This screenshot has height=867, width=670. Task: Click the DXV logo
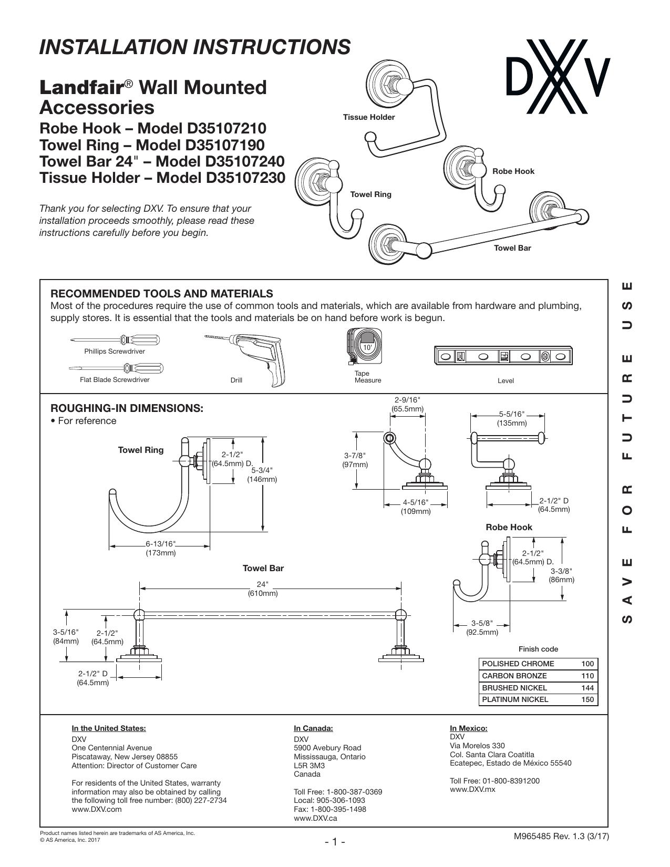click(558, 77)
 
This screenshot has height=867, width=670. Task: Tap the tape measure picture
click(364, 346)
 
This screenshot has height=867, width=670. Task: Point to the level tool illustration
click(503, 356)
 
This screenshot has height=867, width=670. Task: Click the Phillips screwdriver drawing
click(115, 340)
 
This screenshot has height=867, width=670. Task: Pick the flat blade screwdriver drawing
click(116, 368)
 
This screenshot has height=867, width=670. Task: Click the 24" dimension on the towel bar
click(263, 589)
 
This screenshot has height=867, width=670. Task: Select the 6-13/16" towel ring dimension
click(160, 549)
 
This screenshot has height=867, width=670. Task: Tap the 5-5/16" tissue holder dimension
click(512, 419)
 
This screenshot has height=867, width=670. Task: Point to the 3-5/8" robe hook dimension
click(482, 627)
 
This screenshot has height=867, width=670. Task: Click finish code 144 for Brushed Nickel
click(587, 688)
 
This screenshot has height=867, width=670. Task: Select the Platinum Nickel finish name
click(515, 699)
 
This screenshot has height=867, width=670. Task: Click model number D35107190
click(225, 145)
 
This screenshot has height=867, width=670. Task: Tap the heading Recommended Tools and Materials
click(162, 294)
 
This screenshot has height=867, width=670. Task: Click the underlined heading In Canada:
click(313, 728)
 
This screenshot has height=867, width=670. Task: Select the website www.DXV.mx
click(472, 789)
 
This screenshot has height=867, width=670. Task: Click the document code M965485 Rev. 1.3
click(550, 837)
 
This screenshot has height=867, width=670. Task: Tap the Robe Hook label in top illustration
click(513, 171)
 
